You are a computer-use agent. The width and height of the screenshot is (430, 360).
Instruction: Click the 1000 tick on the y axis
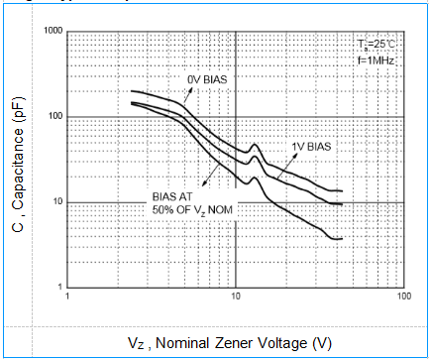pyautogui.click(x=52, y=32)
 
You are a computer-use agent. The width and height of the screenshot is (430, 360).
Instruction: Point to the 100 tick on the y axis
pyautogui.click(x=54, y=117)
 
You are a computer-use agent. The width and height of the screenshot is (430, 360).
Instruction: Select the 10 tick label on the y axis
pyautogui.click(x=56, y=202)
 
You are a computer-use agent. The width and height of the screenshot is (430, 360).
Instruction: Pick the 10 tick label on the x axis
pyautogui.click(x=236, y=297)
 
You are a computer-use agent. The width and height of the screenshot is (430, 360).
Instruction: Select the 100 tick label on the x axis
pyautogui.click(x=402, y=297)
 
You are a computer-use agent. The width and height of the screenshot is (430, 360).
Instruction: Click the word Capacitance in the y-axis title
pyautogui.click(x=19, y=169)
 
